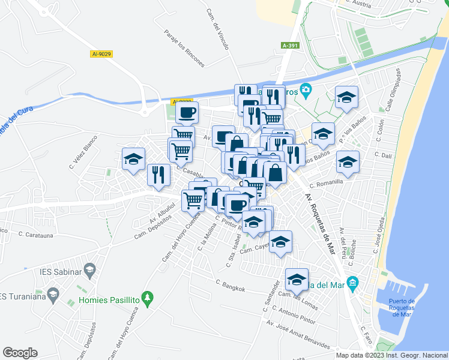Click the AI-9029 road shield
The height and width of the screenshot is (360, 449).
[102, 54]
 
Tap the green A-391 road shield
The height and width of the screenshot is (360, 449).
[290, 45]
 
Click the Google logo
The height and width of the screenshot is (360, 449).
[20, 353]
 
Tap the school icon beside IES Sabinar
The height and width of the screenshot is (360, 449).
[89, 271]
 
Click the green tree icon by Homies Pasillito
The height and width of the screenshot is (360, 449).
[149, 298]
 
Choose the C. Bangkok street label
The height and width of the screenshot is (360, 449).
[231, 286]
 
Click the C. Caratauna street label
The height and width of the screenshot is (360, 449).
[37, 235]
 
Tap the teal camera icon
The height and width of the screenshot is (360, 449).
[306, 91]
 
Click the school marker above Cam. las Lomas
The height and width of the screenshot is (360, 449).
[297, 279]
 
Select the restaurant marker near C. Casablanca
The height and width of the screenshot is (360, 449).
[158, 175]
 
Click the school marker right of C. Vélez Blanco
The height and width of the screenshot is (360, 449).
[133, 159]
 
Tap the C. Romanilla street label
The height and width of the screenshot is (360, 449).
[327, 181]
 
